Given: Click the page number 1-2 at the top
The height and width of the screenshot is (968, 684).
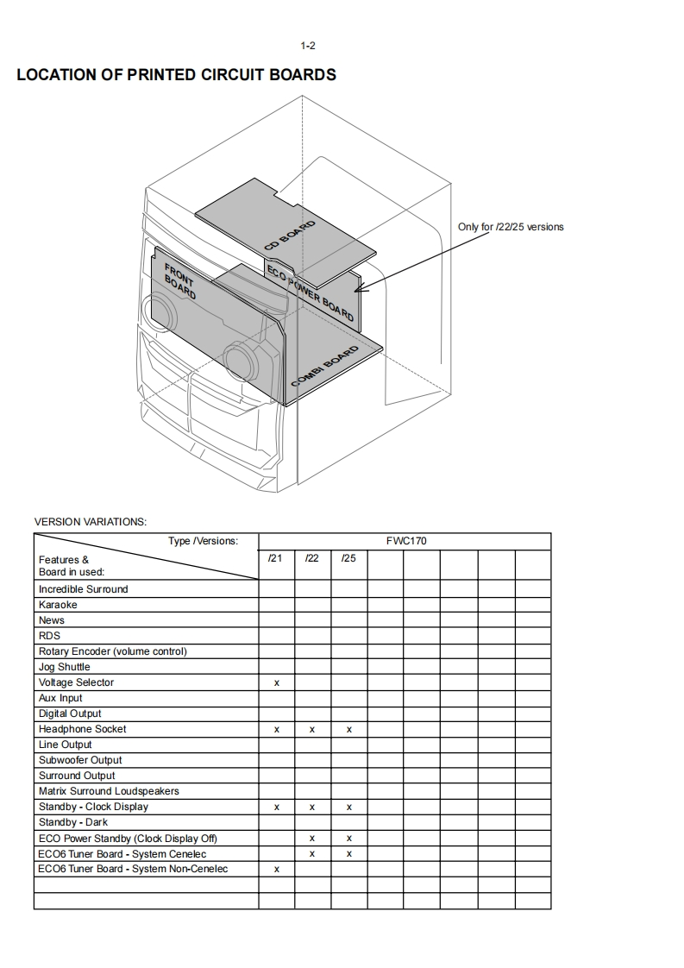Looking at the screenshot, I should point(307,46).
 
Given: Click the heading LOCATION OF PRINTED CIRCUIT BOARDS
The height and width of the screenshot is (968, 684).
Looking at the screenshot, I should point(176,75).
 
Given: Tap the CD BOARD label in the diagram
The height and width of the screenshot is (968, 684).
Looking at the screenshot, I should point(290,236).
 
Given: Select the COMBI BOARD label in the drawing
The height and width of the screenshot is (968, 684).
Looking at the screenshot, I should point(324,368).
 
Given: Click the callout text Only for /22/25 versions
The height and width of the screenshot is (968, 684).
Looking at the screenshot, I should point(511,227).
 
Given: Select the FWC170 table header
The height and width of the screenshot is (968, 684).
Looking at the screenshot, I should point(404,541).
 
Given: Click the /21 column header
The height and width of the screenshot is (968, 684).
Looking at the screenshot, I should point(275,558).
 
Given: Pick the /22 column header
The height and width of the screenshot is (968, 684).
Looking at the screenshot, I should point(312,558).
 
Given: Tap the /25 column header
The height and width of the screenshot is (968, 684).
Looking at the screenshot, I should point(348,558).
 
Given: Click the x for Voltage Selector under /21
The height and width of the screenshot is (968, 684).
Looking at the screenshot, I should point(276,682).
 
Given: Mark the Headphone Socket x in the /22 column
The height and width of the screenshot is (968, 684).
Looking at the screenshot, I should point(312,729).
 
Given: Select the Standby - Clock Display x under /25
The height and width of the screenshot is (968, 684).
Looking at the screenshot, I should point(348,807).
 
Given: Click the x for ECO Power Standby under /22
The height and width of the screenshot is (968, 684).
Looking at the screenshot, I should point(312,838).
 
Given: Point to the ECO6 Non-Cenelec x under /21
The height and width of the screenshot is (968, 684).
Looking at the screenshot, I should point(276,869).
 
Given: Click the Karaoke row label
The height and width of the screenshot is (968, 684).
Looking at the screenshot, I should point(58,605).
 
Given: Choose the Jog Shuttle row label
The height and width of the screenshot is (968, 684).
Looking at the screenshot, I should point(64,667).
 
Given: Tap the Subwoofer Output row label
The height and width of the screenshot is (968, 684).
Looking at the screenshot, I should point(80,760).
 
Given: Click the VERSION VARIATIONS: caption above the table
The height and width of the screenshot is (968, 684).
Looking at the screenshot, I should point(90,521).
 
